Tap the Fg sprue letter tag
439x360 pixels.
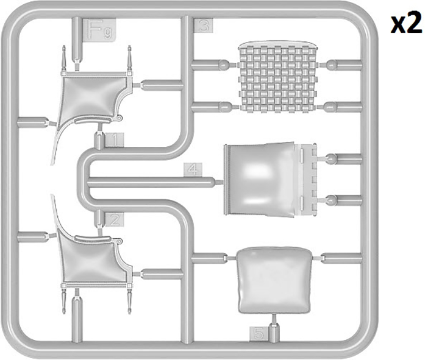tap(99, 30)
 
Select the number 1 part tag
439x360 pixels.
tap(114, 140)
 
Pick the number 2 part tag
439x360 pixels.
tap(114, 220)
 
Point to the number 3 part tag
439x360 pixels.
tap(204, 26)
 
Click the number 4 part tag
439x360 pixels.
tap(193, 170)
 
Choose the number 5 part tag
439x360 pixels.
tap(259, 334)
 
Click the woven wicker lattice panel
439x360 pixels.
tap(277, 77)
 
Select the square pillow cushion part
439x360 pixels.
tap(274, 280)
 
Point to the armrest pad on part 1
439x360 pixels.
tap(92, 120)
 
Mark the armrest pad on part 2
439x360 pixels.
tap(92, 238)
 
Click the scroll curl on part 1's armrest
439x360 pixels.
tap(119, 118)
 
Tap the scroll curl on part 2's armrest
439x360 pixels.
tap(119, 241)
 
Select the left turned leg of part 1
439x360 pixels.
tap(64, 58)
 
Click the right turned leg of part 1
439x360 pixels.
tap(129, 58)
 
